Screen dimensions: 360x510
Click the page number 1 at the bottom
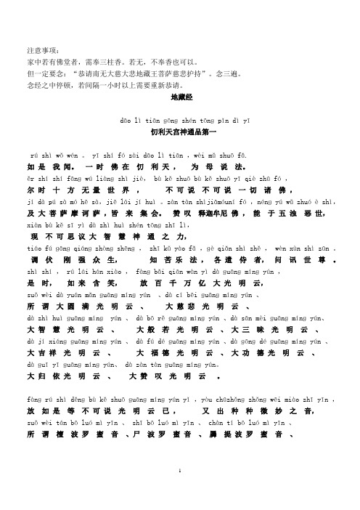pyautogui.click(x=180, y=490)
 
